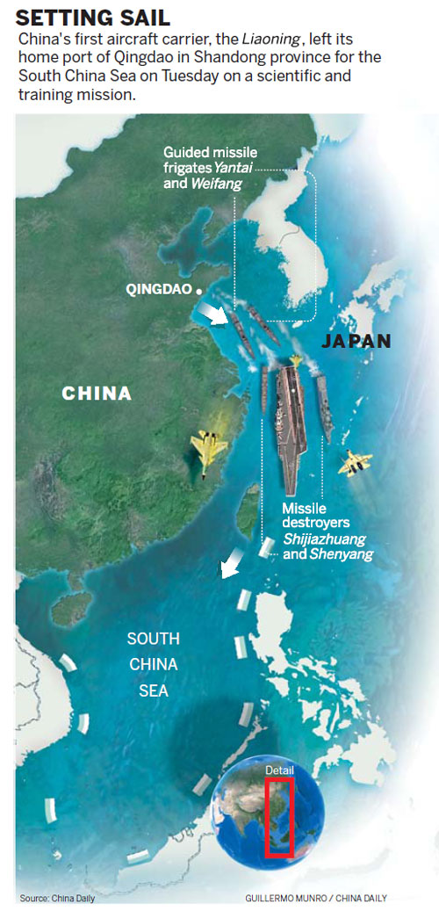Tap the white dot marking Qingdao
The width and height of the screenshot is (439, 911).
pyautogui.click(x=200, y=290)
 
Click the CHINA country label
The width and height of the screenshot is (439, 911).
pyautogui.click(x=97, y=394)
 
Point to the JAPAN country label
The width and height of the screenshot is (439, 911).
pyautogui.click(x=356, y=341)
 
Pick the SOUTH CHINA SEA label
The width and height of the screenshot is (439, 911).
pyautogui.click(x=154, y=664)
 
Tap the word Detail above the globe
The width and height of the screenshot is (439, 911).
pyautogui.click(x=280, y=770)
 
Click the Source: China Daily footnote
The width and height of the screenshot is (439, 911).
pyautogui.click(x=57, y=898)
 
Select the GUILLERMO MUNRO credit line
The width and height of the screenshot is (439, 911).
pyautogui.click(x=316, y=898)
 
